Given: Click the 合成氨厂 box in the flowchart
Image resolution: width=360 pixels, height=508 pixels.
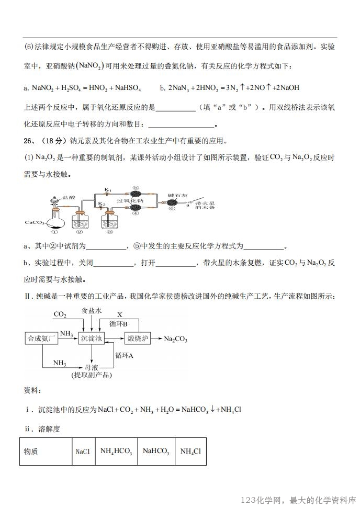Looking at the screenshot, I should [41, 338].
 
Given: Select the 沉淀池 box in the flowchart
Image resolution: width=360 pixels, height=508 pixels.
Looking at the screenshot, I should [91, 338].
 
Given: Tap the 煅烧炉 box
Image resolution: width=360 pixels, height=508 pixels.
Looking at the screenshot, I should [138, 338].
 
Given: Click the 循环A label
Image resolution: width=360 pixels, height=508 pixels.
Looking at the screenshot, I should [125, 355].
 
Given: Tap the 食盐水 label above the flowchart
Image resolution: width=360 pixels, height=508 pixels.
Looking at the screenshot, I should [91, 311].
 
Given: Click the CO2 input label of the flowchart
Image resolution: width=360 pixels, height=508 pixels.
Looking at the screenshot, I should [60, 315].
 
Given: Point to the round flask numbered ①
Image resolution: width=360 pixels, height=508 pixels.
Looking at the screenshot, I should [54, 219].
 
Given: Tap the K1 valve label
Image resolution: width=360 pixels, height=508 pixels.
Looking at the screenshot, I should [108, 189].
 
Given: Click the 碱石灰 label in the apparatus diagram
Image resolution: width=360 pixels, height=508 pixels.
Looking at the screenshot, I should [175, 195].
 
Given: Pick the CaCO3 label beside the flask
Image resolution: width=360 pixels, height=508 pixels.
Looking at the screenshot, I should [33, 222].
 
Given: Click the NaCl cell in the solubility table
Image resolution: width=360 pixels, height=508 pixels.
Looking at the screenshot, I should [83, 451].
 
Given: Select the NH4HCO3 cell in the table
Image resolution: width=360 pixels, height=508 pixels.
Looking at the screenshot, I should [116, 451].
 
